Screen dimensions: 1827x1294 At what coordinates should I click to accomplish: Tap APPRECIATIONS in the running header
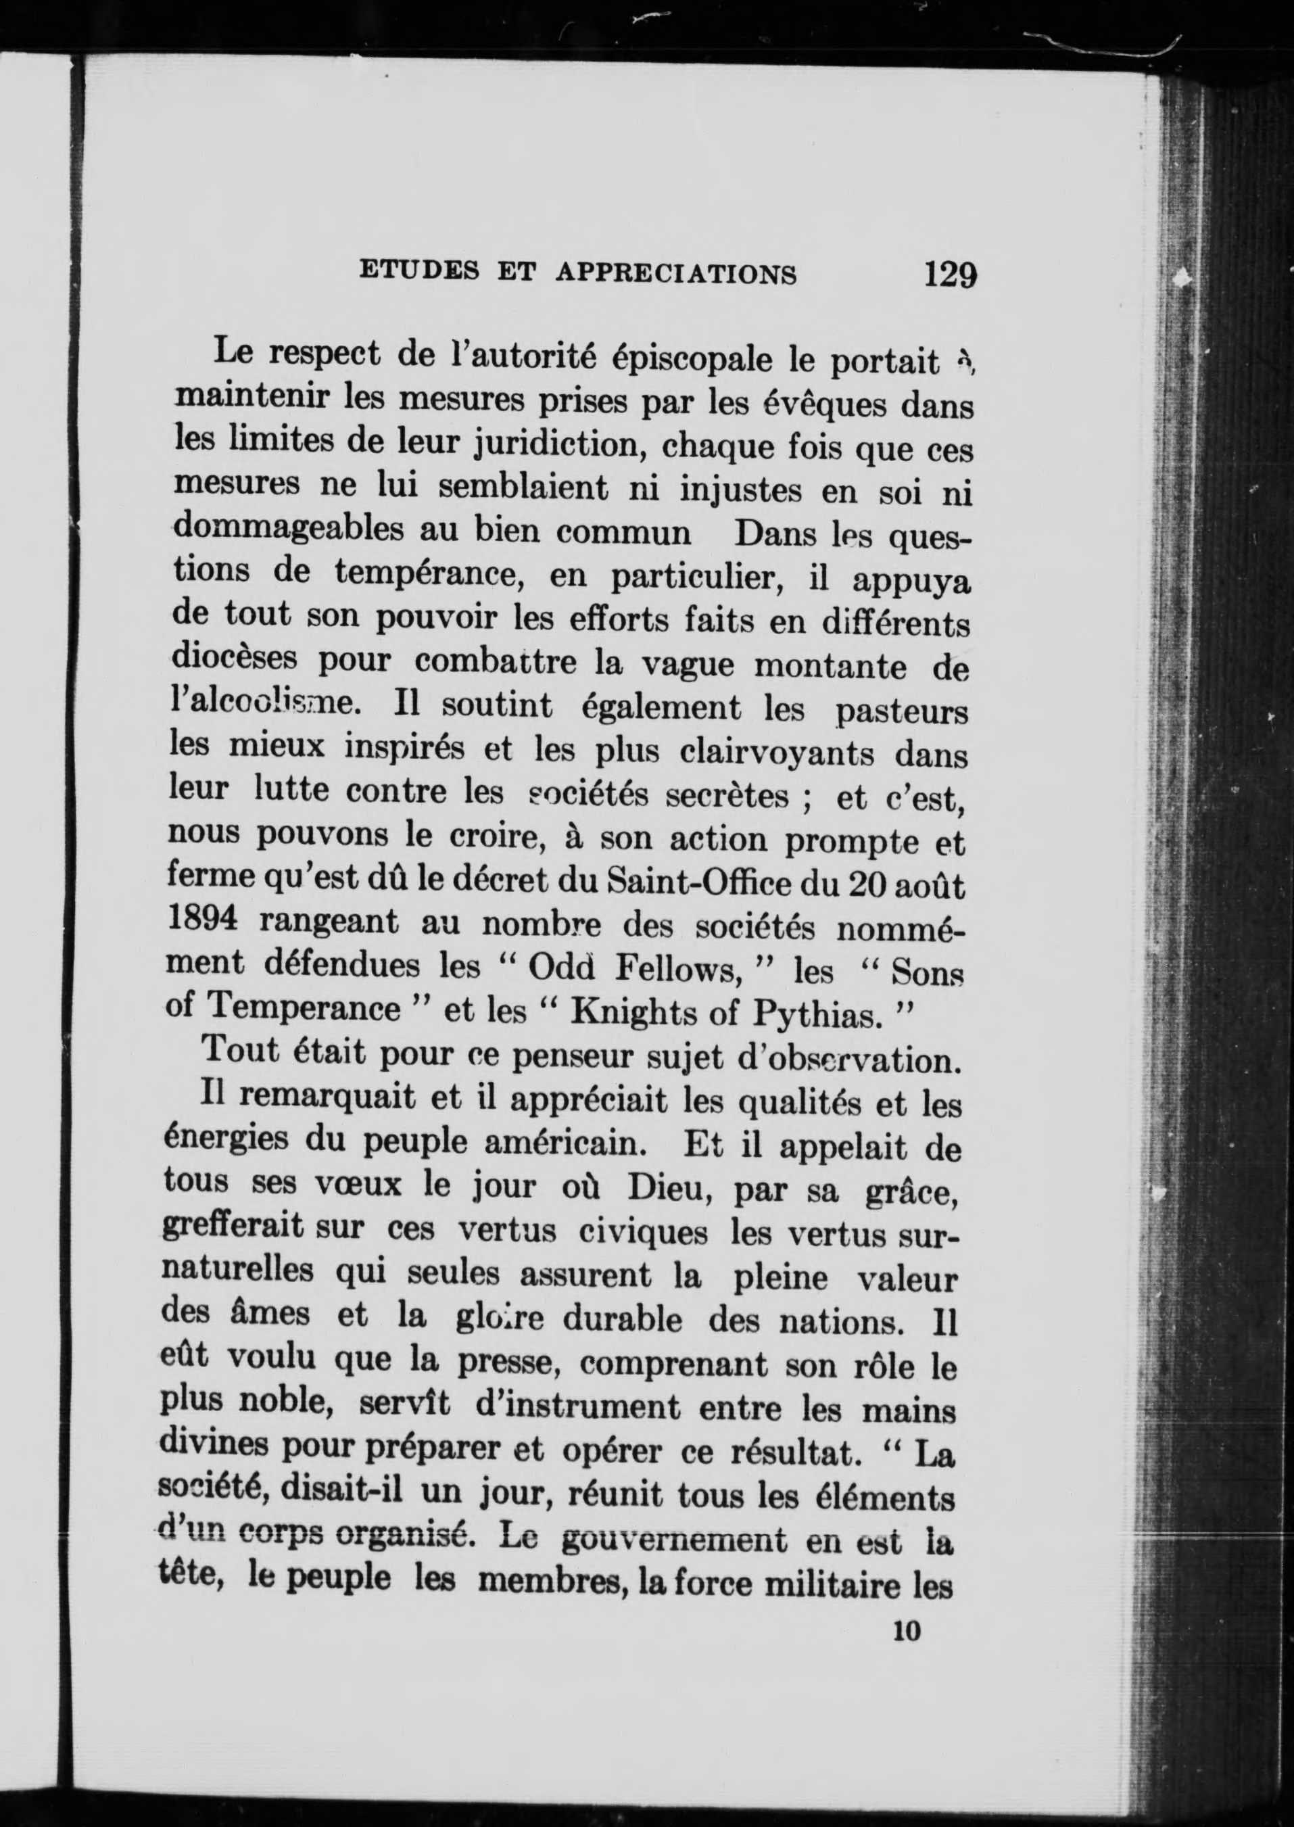pos(675,273)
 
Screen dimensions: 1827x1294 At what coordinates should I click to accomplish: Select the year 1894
pos(203,919)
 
